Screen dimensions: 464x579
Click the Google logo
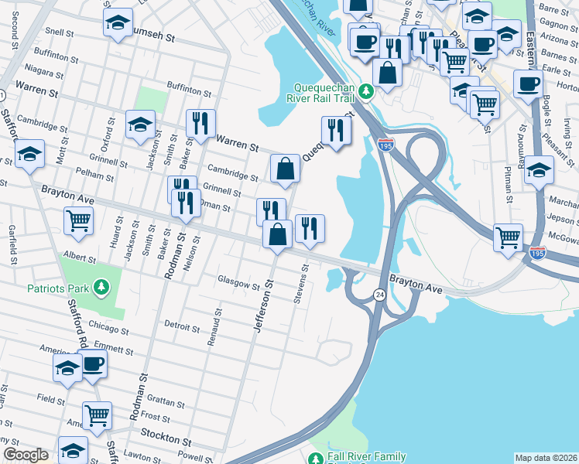(26, 455)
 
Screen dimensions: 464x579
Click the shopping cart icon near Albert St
(78, 220)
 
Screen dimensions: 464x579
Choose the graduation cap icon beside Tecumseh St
(118, 23)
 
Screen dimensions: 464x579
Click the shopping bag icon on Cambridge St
(285, 168)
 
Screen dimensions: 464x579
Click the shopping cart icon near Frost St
(97, 415)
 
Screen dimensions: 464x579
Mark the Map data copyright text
(546, 458)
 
